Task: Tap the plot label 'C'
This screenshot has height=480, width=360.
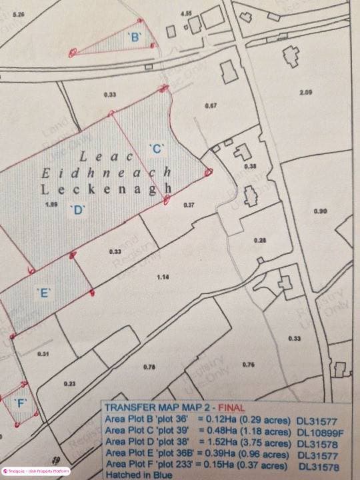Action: tap(157, 148)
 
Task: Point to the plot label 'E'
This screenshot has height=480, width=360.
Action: tap(43, 292)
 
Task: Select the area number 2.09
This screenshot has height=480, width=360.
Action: tap(306, 93)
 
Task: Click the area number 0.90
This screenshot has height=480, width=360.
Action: tap(320, 211)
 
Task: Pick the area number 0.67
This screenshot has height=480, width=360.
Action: tap(211, 106)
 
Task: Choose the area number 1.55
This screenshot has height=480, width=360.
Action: tap(48, 204)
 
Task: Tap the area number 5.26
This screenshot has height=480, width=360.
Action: tap(19, 13)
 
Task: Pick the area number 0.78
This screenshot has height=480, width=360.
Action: tap(149, 367)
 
